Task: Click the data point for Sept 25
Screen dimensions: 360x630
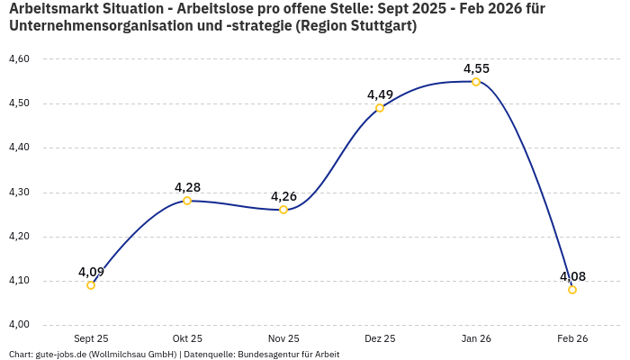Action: pos(91,285)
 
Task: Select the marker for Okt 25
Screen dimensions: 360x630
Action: pos(187,201)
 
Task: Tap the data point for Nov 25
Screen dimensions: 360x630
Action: pos(283,210)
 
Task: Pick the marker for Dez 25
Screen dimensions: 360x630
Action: pos(380,108)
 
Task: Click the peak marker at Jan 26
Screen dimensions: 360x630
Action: pos(476,82)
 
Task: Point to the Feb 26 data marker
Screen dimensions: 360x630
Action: pos(572,290)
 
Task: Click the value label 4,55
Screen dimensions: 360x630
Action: pos(476,68)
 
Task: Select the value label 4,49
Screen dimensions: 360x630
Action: pos(380,94)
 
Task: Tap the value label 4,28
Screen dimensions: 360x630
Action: pos(187,187)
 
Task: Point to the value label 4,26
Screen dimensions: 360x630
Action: pos(283,196)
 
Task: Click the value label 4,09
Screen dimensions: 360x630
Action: pos(91,272)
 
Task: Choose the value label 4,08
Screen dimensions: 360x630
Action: pos(572,276)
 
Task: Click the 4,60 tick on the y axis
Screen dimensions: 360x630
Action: pos(19,59)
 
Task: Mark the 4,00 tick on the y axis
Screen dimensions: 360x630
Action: pos(19,325)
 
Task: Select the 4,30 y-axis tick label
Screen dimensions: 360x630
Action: pos(19,193)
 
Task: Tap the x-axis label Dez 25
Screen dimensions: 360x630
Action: pos(380,338)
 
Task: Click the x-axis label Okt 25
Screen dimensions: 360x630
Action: pos(187,338)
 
